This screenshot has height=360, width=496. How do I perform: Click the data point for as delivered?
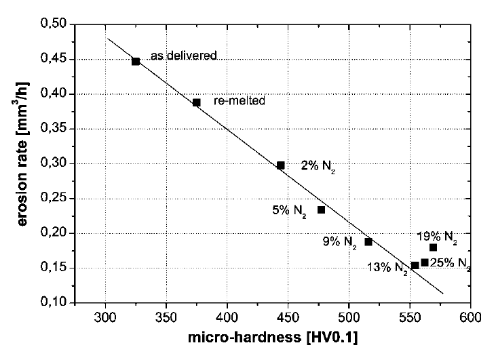pyautogui.click(x=136, y=61)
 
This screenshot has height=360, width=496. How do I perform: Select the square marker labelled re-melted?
pyautogui.click(x=197, y=102)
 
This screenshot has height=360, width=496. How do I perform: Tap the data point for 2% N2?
pyautogui.click(x=281, y=165)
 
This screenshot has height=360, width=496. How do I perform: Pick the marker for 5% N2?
pyautogui.click(x=322, y=209)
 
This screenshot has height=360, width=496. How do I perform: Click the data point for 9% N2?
pyautogui.click(x=368, y=241)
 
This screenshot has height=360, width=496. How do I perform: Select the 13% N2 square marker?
pyautogui.click(x=415, y=265)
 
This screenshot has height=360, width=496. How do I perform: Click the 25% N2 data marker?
pyautogui.click(x=425, y=262)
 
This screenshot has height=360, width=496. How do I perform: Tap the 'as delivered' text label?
pyautogui.click(x=183, y=55)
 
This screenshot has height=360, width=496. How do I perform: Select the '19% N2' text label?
pyautogui.click(x=437, y=237)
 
